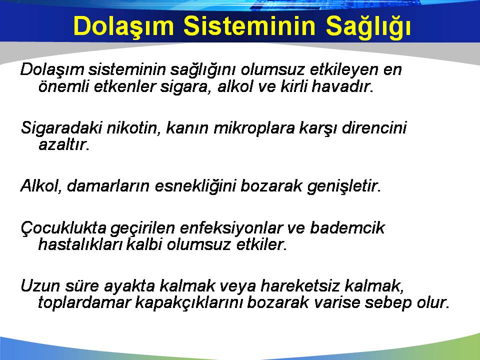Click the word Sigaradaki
tap(61, 128)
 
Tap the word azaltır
tap(63, 144)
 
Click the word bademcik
tap(347, 228)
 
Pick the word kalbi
tap(144, 244)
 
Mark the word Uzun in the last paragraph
tap(40, 286)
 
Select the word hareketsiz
tap(300, 286)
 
